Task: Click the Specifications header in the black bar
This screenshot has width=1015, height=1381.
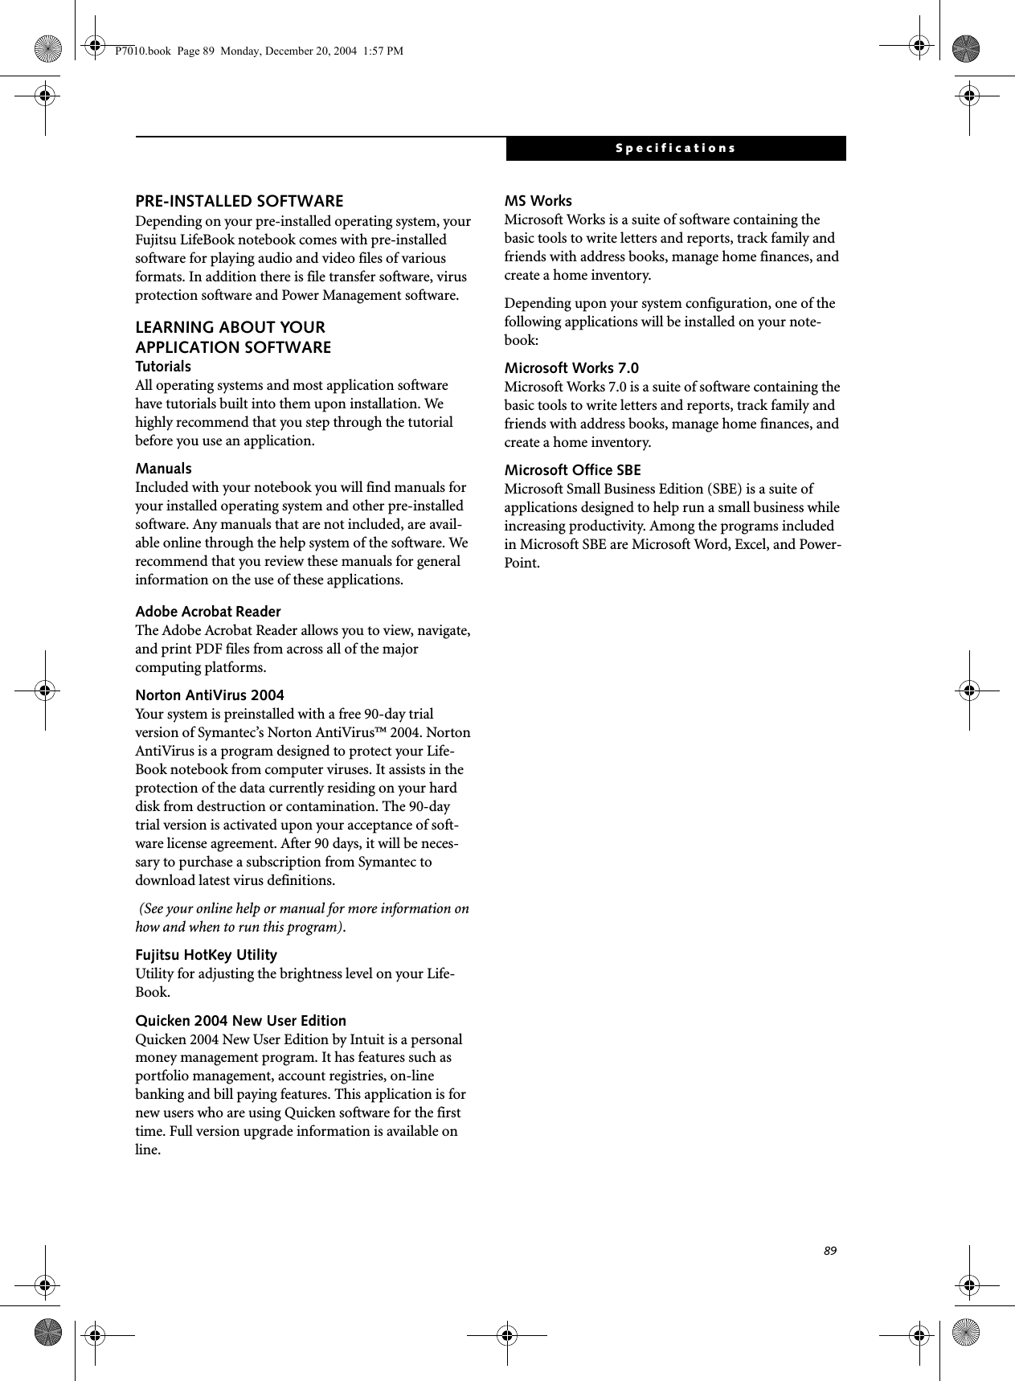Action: click(675, 149)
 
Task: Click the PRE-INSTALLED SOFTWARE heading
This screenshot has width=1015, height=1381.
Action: click(239, 201)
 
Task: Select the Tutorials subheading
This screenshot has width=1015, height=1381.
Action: click(163, 367)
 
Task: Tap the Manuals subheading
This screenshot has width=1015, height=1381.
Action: click(163, 469)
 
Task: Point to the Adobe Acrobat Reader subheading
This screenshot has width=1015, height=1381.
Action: click(208, 612)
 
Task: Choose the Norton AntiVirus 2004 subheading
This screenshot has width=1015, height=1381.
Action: click(210, 695)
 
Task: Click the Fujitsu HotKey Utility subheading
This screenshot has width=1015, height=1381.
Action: click(206, 955)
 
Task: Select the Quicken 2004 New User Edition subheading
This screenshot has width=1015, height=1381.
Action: click(240, 1021)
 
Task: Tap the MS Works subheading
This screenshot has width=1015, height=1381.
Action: click(538, 201)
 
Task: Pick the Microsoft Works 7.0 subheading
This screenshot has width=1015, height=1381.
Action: click(571, 368)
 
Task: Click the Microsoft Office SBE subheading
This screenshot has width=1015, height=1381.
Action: click(572, 470)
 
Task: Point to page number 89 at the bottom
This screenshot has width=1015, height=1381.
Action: click(830, 1252)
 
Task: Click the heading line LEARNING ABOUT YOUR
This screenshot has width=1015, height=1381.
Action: click(231, 328)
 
